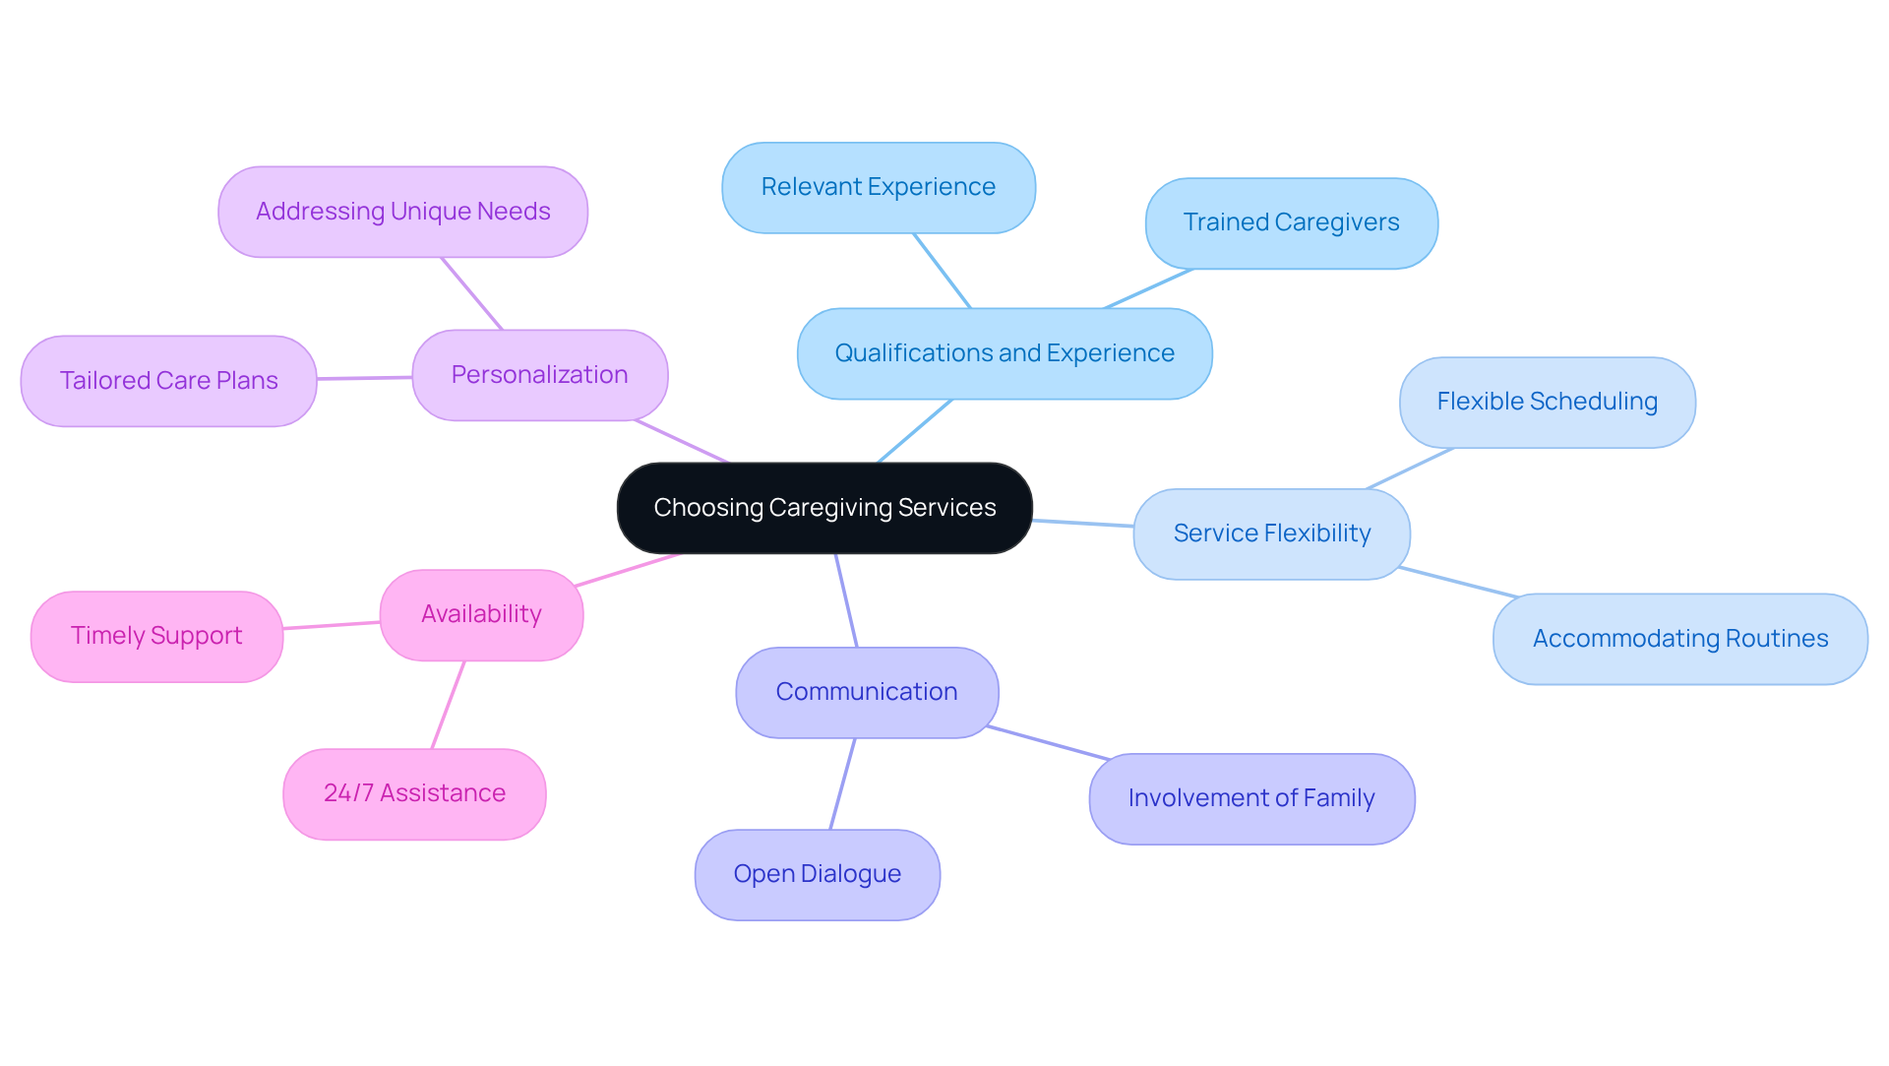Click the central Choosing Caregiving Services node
pos(824,508)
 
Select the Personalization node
pos(539,375)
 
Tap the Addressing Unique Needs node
pos(402,212)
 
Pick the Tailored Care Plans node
pos(168,381)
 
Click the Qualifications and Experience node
pos(1005,353)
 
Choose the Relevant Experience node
pos(878,187)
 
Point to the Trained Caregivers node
pos(1291,222)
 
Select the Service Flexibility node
pos(1271,533)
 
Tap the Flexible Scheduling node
pos(1547,402)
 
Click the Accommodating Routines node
pos(1679,639)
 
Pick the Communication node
pos(866,692)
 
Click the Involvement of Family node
pos(1250,798)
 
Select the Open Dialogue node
pos(817,874)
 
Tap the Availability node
pos(481,614)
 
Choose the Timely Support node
pos(156,636)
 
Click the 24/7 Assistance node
pos(414,793)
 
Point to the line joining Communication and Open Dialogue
pos(842,784)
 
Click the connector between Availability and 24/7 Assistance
pos(448,705)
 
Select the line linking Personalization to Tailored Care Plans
pos(364,378)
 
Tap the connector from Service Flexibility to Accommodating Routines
pos(1458,583)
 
